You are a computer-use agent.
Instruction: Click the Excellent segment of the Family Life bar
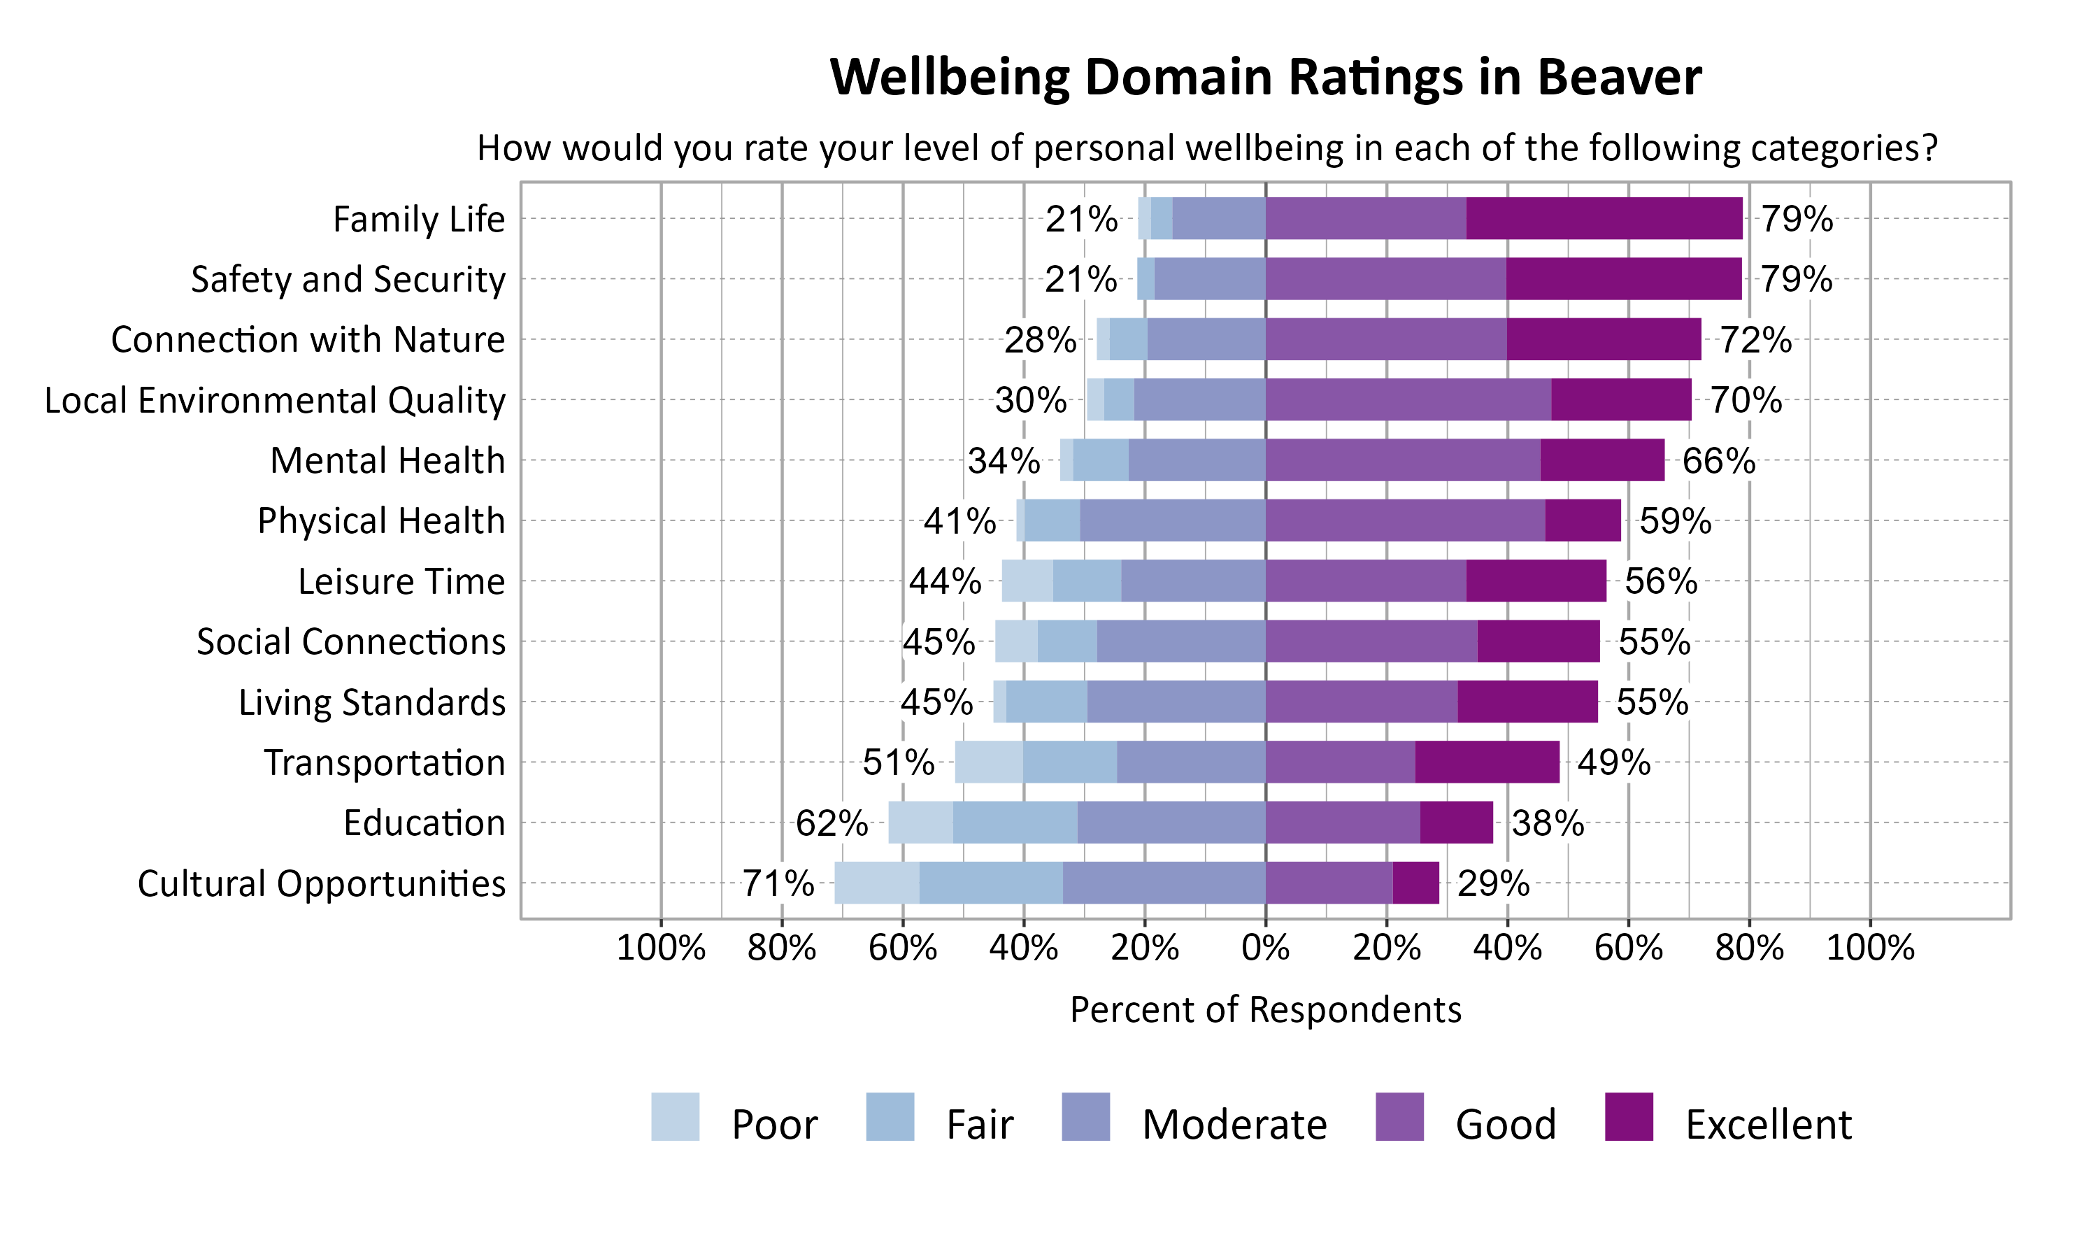tap(1604, 218)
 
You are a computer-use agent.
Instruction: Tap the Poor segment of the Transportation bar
tap(988, 762)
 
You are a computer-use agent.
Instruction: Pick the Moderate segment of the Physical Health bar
tap(1172, 520)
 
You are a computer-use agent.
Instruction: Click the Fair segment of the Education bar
tap(1014, 822)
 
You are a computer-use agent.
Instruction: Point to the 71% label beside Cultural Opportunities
tap(778, 883)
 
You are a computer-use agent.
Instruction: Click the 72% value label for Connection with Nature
tap(1755, 339)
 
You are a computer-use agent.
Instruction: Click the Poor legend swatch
tap(675, 1116)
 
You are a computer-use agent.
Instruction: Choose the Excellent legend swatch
tap(1629, 1116)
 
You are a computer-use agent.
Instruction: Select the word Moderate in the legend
tap(1234, 1124)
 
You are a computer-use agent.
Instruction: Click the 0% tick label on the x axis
tap(1265, 947)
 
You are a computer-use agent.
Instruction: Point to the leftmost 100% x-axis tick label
tap(661, 947)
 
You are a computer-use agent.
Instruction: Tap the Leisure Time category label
tap(401, 581)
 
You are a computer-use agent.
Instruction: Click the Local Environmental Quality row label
tap(275, 399)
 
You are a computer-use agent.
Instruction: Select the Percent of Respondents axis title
tap(1265, 1009)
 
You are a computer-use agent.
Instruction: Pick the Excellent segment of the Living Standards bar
tap(1527, 702)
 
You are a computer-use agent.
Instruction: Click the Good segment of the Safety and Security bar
tap(1385, 278)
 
